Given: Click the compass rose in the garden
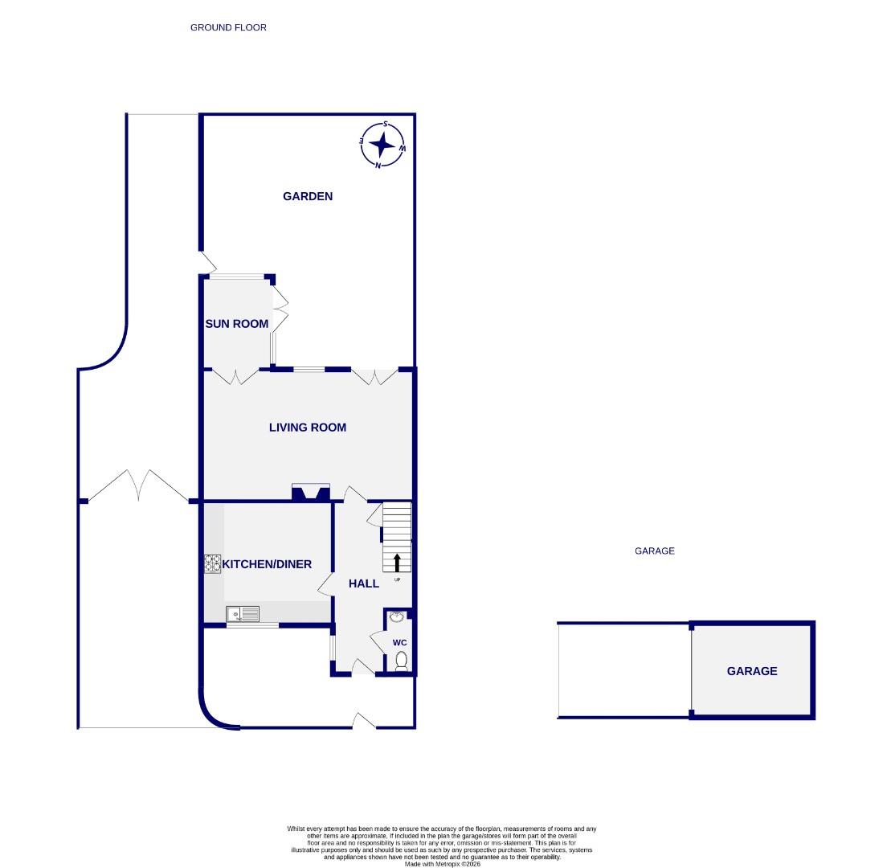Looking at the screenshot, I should click(x=383, y=145).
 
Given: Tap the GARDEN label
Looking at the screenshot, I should click(x=308, y=196).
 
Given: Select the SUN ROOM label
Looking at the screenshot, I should click(x=236, y=324).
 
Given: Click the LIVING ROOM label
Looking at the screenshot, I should click(x=308, y=428).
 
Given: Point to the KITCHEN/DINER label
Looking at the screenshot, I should click(x=267, y=564).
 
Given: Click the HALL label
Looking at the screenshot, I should click(x=364, y=583).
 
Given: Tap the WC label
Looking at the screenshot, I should click(x=399, y=643).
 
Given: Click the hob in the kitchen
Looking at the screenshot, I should click(x=212, y=564).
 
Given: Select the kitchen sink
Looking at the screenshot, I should click(x=243, y=614).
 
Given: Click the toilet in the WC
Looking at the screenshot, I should click(x=402, y=661).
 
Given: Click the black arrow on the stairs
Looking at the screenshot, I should click(x=397, y=562).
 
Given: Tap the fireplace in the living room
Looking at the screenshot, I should click(x=311, y=493).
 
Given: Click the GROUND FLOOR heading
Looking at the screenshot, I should click(x=228, y=27).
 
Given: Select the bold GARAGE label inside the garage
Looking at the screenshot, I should click(x=752, y=671).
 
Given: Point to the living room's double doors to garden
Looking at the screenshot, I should click(x=374, y=376).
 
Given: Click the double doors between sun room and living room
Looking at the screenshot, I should click(x=235, y=376).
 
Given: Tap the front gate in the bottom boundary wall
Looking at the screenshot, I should click(x=364, y=722).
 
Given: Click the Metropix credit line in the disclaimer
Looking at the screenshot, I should click(x=442, y=863).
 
